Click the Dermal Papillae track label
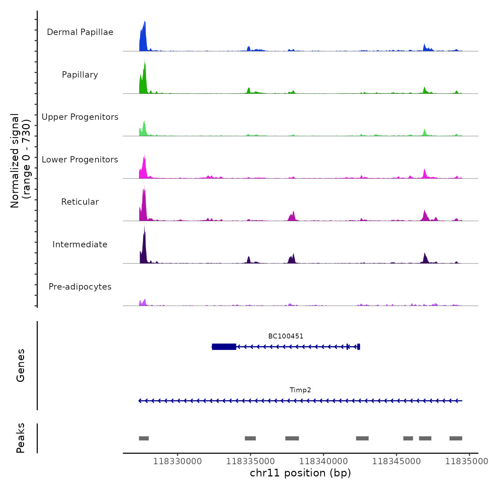80,32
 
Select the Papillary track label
80,75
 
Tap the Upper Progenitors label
80,117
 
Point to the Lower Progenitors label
80,160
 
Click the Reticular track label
80,202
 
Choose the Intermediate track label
80,245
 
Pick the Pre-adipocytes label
80,287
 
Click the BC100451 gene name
286,336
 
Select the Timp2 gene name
300,390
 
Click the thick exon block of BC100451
224,347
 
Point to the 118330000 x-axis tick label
177,461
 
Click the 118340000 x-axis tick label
323,461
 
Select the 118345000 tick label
396,461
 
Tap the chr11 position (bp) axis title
300,473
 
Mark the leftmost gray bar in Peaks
144,438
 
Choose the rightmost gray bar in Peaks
456,438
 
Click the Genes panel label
21,365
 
